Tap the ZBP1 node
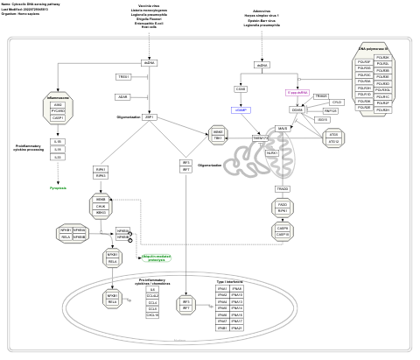coord(150,116)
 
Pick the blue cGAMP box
coord(241,109)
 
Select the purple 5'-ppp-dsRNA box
coord(298,91)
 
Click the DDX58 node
coord(297,109)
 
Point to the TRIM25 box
coord(320,95)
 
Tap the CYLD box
coord(337,102)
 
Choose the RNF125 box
coord(330,111)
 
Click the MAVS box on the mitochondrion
coord(282,128)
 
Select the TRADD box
coord(283,188)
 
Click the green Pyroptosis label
coord(58,187)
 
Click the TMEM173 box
coord(261,138)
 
